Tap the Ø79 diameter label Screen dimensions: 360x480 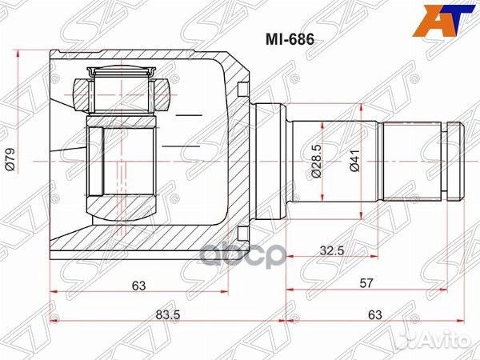(10, 162)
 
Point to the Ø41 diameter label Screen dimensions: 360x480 (353, 162)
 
